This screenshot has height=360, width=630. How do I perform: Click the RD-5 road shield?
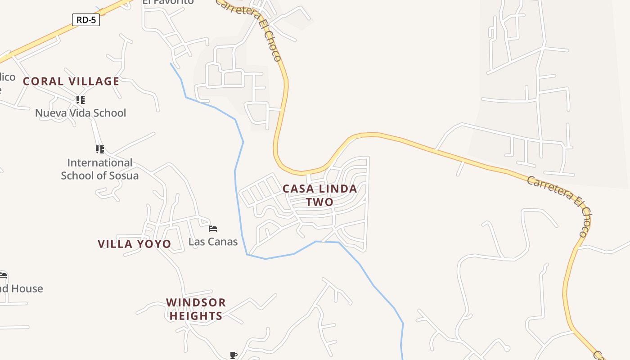(x=85, y=20)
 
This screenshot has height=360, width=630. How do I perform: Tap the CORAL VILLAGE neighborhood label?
(x=71, y=81)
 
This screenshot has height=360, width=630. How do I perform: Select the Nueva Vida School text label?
(x=81, y=113)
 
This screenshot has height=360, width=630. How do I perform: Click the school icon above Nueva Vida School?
(x=80, y=99)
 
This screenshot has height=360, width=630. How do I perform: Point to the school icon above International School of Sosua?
(x=99, y=149)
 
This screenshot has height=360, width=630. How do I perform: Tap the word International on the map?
(x=100, y=163)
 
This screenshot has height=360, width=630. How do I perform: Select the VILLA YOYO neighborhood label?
(x=135, y=244)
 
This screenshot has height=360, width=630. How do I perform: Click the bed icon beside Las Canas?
(x=213, y=229)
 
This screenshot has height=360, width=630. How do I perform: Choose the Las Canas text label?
(x=213, y=242)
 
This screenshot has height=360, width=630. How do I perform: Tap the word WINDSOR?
(x=196, y=302)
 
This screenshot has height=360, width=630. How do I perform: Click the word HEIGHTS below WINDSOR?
(x=196, y=316)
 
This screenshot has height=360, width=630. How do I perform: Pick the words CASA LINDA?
(x=320, y=189)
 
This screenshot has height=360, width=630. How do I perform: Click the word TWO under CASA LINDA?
(x=320, y=202)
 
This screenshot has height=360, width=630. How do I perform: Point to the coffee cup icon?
(x=233, y=355)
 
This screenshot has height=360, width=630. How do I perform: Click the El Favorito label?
(x=168, y=2)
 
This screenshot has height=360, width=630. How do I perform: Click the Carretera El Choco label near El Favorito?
(x=250, y=28)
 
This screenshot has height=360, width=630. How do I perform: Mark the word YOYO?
(x=154, y=244)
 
